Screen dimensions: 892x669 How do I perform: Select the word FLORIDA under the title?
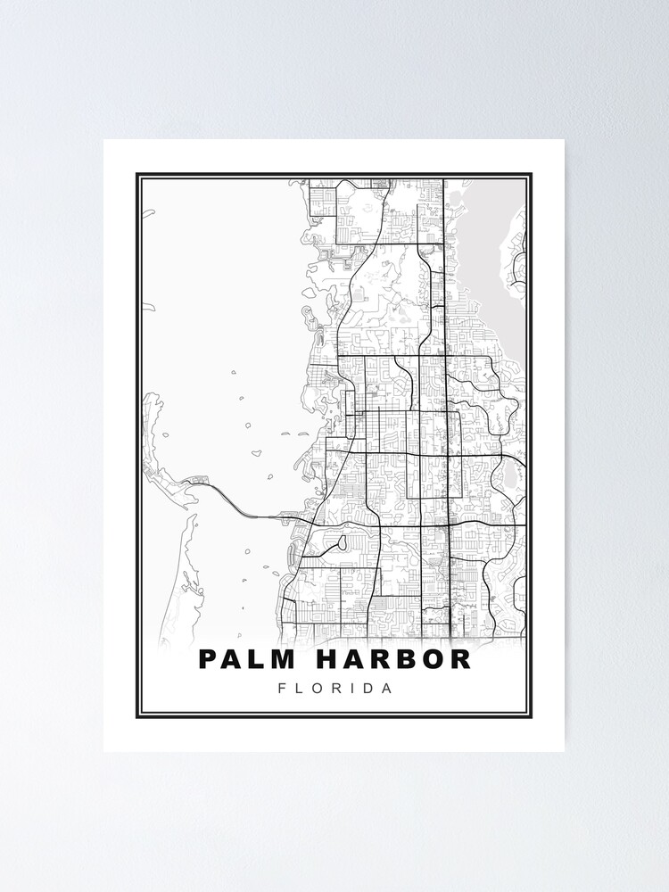334,689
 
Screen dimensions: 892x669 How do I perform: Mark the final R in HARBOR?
460,659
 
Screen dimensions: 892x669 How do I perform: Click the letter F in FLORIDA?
283,689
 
